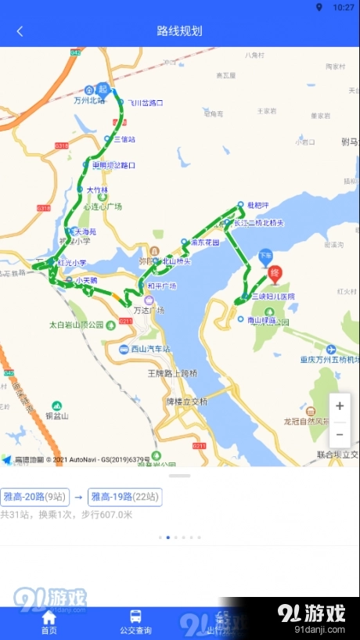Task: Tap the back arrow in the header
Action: pos(20,31)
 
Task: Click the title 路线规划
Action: pos(179,31)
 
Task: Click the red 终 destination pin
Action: pos(275,274)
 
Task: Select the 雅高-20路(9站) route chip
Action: pos(35,496)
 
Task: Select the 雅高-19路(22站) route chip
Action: pos(125,496)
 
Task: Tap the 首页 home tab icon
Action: pos(49,617)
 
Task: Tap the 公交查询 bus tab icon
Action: pos(135,617)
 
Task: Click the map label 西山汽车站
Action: pos(149,348)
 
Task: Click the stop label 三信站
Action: pos(124,139)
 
